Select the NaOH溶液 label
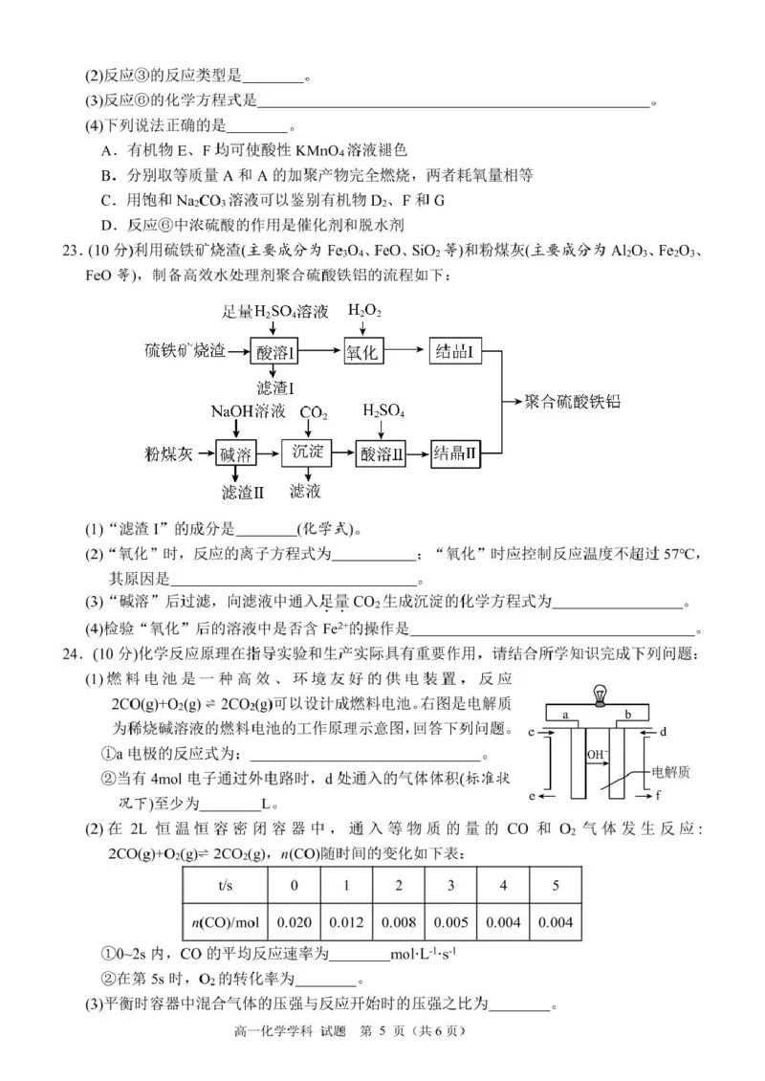(248, 411)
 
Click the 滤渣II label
(242, 492)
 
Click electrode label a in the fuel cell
(567, 714)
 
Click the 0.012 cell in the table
(346, 921)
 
